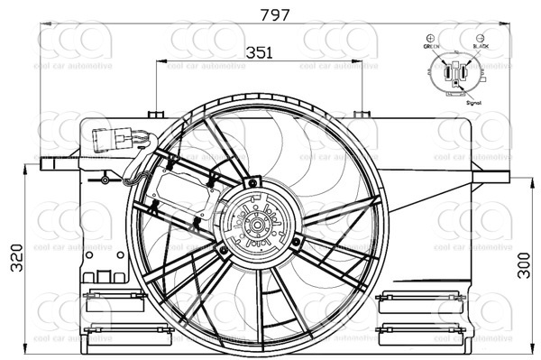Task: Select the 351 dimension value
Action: (x=260, y=52)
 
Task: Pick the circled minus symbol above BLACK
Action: (x=478, y=35)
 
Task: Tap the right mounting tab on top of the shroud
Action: (x=362, y=113)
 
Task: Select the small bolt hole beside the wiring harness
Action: (x=105, y=180)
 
